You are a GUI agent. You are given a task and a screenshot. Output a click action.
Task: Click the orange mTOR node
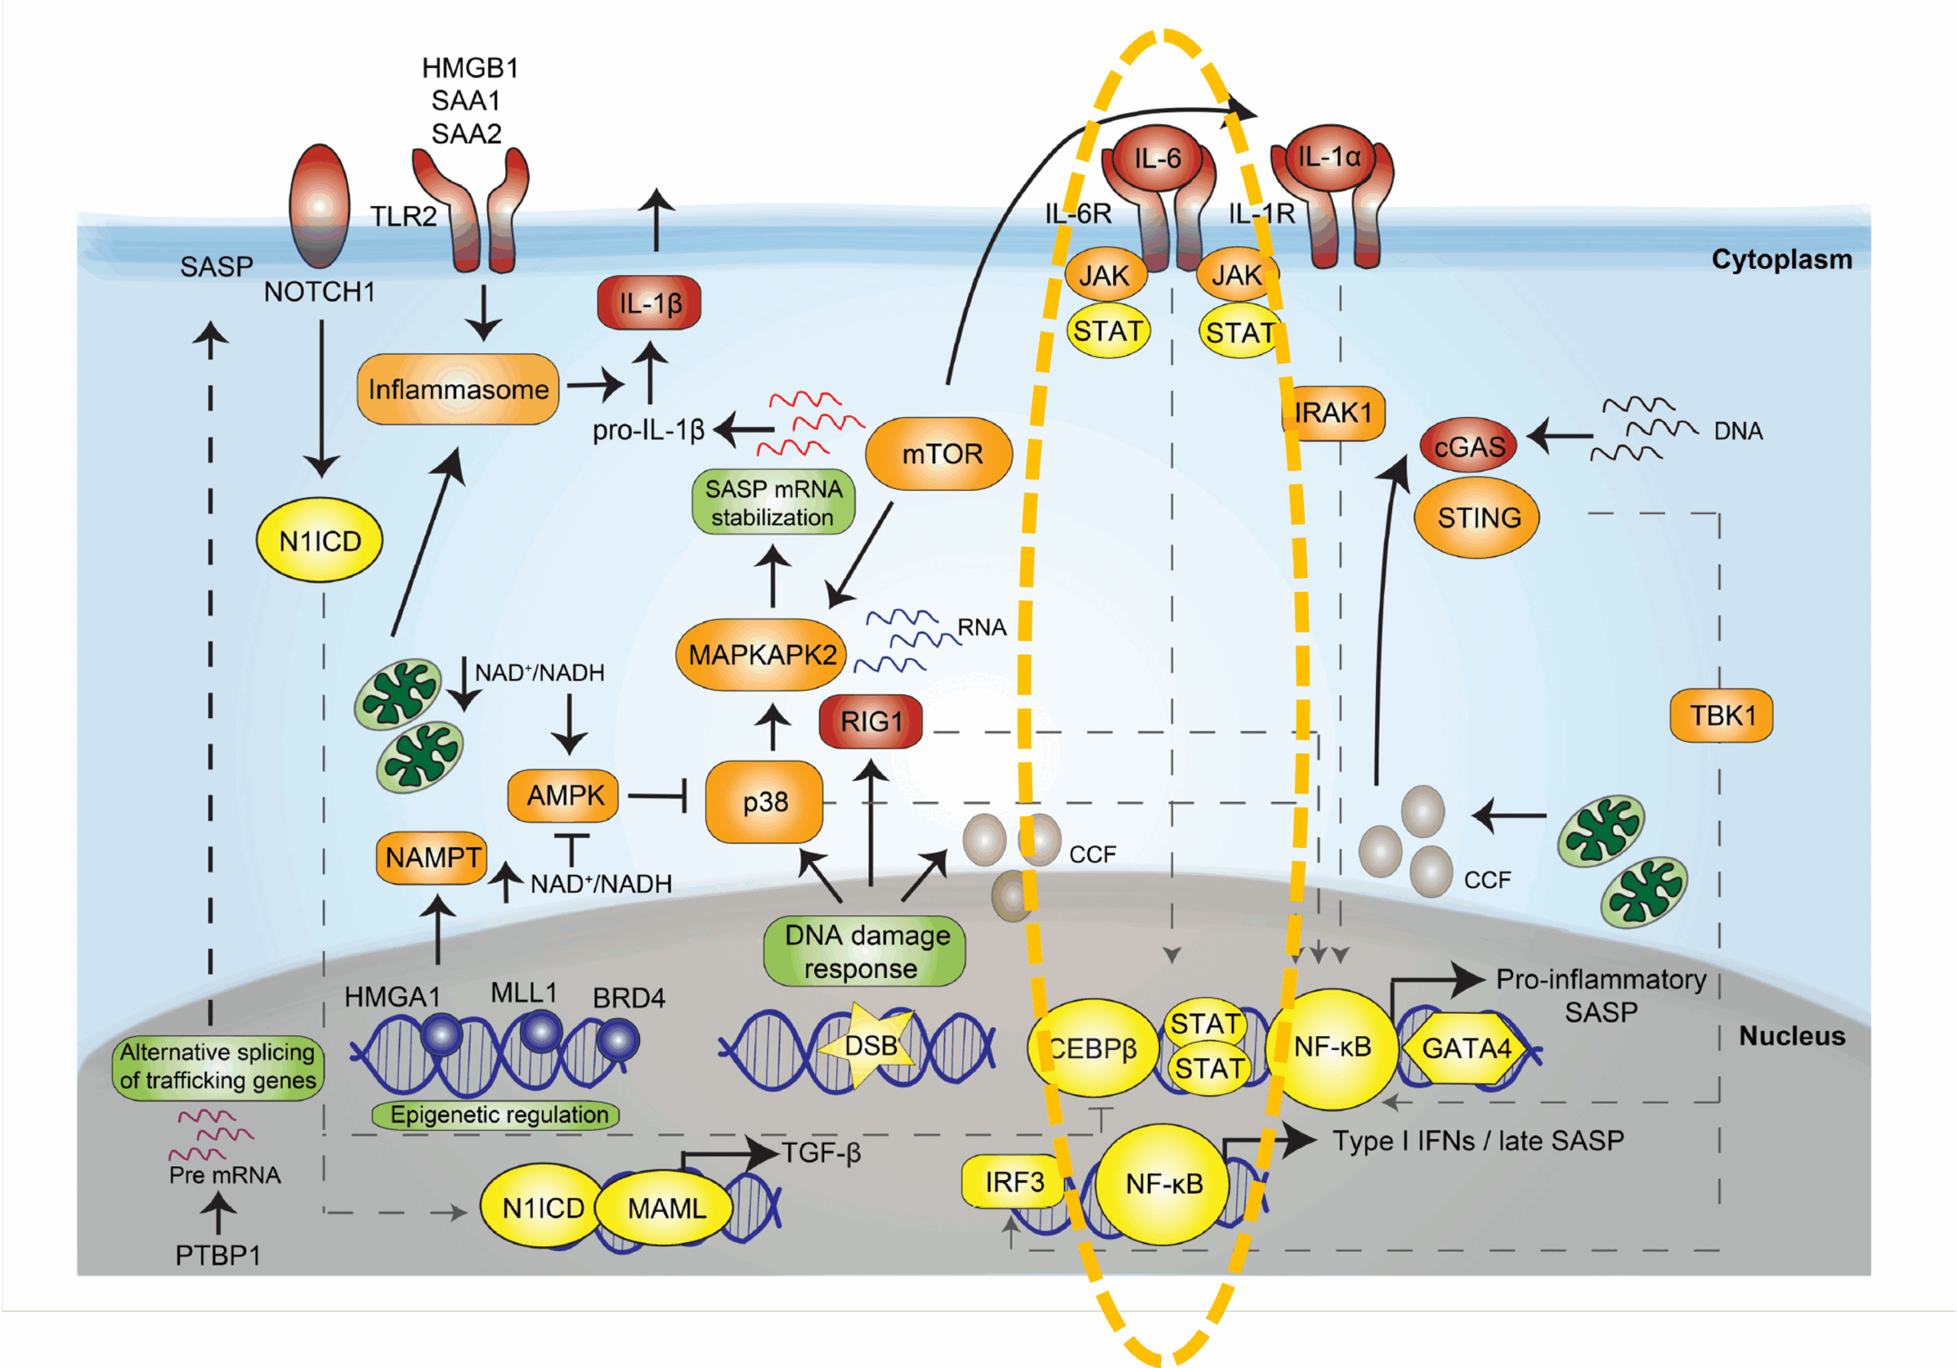point(940,453)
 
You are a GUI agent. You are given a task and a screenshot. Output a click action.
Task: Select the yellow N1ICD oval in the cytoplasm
point(320,541)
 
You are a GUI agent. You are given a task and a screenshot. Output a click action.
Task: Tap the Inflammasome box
point(459,389)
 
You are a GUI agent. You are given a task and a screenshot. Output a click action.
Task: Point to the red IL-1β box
point(650,304)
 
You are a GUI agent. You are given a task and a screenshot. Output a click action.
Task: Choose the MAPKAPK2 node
point(761,655)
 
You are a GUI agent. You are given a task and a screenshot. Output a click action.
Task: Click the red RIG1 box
point(870,722)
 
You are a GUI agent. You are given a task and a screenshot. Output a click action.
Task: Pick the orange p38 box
point(764,802)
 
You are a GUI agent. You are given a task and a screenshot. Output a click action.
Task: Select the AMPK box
point(563,795)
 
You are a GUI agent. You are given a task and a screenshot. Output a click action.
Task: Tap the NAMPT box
point(432,857)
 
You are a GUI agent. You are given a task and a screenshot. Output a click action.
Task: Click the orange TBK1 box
point(1721,716)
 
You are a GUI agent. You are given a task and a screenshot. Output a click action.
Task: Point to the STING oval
point(1477,518)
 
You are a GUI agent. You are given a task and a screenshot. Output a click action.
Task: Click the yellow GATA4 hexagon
point(1465,1048)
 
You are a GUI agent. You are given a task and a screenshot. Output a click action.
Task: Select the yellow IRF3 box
point(1014,1182)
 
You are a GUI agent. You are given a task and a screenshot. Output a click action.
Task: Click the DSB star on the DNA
point(869,1046)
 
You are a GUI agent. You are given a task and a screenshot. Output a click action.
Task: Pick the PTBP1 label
point(217,1256)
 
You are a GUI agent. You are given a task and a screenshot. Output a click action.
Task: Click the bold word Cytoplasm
point(1781,259)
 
